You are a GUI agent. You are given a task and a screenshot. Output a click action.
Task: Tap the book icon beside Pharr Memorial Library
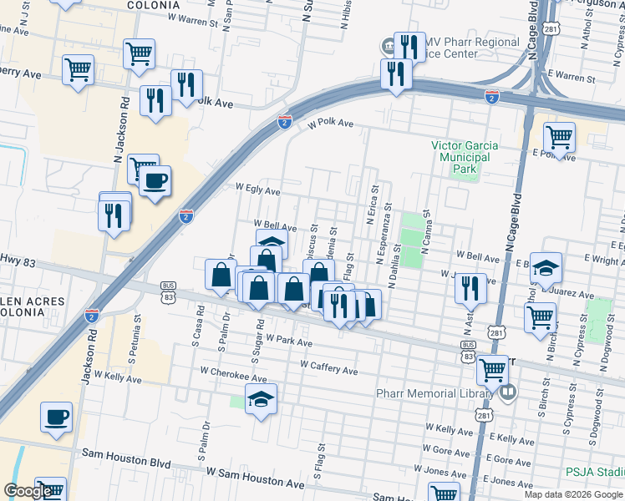[507, 391]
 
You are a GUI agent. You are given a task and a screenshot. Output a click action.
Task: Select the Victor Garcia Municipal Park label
[464, 157]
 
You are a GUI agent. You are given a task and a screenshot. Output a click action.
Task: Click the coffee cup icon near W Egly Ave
[155, 180]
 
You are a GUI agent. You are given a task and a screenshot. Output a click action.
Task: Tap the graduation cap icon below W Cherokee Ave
[262, 402]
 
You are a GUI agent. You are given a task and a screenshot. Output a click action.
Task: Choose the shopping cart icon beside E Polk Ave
[558, 137]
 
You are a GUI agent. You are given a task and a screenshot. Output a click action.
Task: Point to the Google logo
[28, 492]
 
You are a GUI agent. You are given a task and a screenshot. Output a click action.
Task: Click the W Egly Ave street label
[257, 190]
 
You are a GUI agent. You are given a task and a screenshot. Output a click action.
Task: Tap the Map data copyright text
[572, 494]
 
